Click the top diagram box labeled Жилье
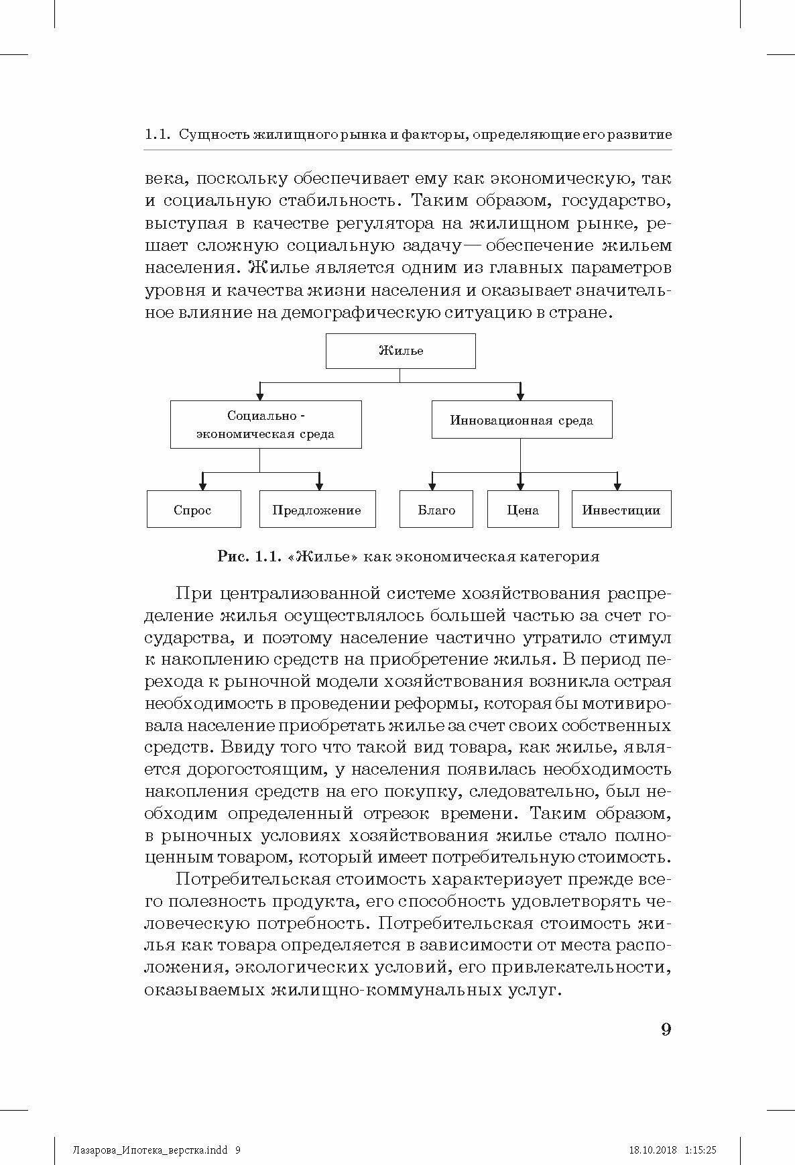click(x=400, y=351)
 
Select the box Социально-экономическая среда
click(x=265, y=425)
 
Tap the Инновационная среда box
click(x=522, y=421)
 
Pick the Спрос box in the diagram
click(x=193, y=509)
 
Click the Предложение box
click(x=317, y=509)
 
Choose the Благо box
click(x=436, y=509)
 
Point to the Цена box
click(x=523, y=509)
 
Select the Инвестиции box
click(x=621, y=509)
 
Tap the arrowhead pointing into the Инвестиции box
click(x=617, y=484)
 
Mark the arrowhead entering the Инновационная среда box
click(x=521, y=395)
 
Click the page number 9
click(x=666, y=1030)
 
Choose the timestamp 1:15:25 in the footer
click(x=701, y=1131)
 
